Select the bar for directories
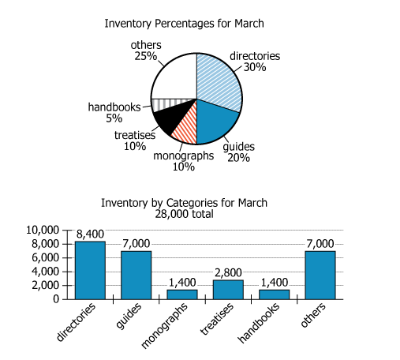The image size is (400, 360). [x=90, y=269]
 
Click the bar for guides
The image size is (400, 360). [x=136, y=274]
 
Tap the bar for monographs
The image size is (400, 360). [x=181, y=294]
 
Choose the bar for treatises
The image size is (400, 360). [x=228, y=289]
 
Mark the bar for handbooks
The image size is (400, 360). [x=274, y=294]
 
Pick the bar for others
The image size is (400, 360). [x=320, y=274]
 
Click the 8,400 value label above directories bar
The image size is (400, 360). [x=90, y=234]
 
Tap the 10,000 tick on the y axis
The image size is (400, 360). [x=43, y=230]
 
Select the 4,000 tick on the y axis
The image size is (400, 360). [x=46, y=272]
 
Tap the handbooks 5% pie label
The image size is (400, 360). [x=114, y=112]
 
